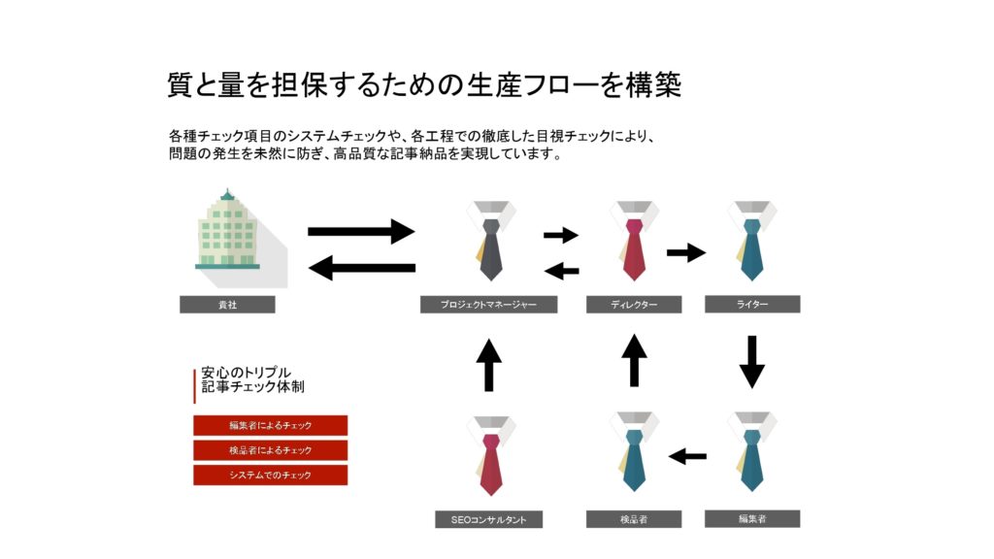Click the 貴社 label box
coord(227,305)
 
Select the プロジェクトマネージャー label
coord(488,305)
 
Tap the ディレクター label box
coord(634,305)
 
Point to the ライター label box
coord(752,304)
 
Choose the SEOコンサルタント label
coord(488,519)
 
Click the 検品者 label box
coord(634,519)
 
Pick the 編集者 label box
coord(752,518)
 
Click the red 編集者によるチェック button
coord(270,425)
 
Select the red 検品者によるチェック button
coord(270,450)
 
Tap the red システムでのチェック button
coord(270,476)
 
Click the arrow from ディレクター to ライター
coord(686,252)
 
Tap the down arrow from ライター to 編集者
coord(752,361)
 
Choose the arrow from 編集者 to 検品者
coord(688,456)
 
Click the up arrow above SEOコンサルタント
coord(490,365)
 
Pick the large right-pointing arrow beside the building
coord(361,232)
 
